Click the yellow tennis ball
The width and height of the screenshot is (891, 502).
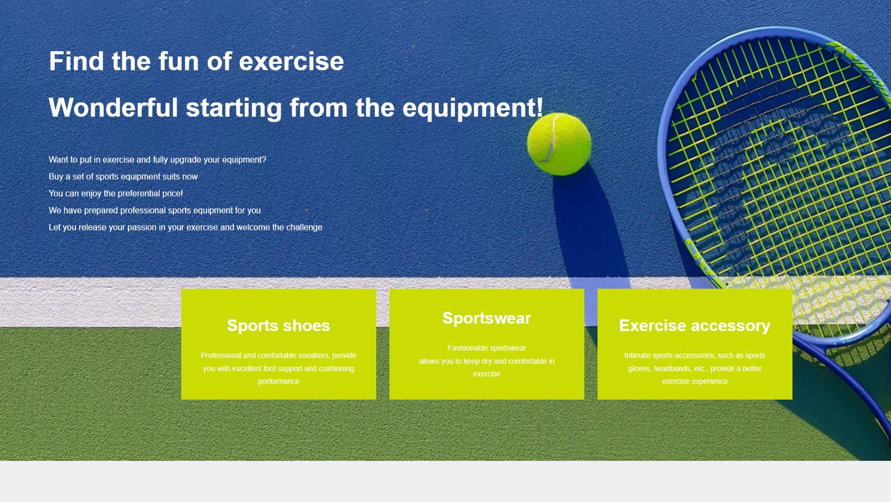click(x=559, y=144)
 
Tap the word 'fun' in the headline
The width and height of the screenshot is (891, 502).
click(x=179, y=61)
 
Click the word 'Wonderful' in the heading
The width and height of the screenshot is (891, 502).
click(x=113, y=108)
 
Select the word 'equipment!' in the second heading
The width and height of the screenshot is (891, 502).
click(x=473, y=108)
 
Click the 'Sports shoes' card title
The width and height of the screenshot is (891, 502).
click(x=278, y=326)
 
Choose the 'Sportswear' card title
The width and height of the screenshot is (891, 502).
click(x=486, y=318)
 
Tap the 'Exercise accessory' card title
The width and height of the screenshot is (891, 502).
click(x=694, y=326)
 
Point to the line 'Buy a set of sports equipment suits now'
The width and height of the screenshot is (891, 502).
click(x=123, y=177)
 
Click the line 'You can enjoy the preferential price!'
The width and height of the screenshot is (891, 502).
click(x=116, y=194)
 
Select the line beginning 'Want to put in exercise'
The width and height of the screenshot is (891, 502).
click(x=158, y=160)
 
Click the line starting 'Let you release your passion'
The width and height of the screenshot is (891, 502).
click(x=185, y=227)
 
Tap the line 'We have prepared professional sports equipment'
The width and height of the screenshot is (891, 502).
click(x=155, y=210)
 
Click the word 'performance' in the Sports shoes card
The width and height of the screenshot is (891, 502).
click(x=278, y=381)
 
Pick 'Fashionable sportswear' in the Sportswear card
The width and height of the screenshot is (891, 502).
click(x=486, y=348)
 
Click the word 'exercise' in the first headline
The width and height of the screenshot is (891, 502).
click(x=291, y=61)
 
